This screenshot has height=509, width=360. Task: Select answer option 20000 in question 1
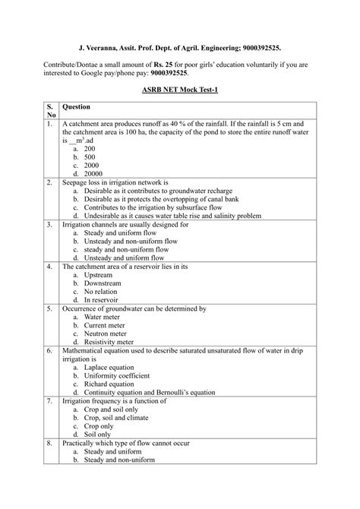(95, 174)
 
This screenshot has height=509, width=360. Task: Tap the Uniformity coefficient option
(120, 375)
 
